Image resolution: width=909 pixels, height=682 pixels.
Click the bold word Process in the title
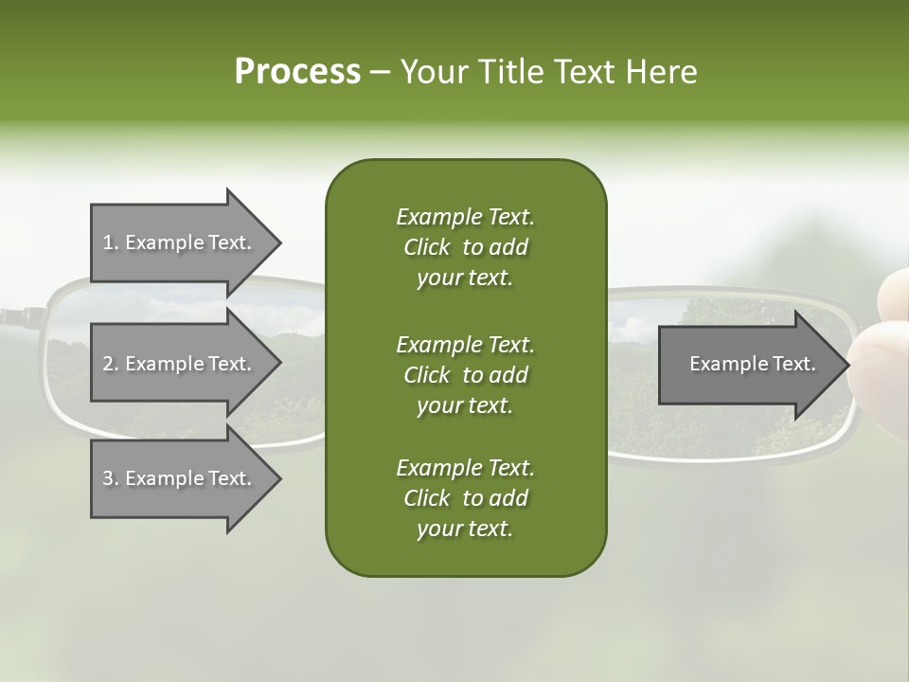pyautogui.click(x=297, y=72)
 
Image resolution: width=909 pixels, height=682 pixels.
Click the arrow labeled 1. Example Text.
pyautogui.click(x=180, y=242)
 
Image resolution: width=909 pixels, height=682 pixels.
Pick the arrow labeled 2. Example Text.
pyautogui.click(x=180, y=364)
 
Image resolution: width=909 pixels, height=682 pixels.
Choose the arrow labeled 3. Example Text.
pyautogui.click(x=180, y=478)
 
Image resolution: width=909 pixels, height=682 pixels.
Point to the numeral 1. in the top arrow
pyautogui.click(x=110, y=242)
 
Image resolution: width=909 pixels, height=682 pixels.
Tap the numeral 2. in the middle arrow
pyautogui.click(x=110, y=364)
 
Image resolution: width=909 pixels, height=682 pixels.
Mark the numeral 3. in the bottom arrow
pyautogui.click(x=110, y=478)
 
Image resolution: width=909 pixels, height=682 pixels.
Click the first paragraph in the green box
pyautogui.click(x=465, y=247)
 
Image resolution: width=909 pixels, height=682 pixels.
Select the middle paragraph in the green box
pyautogui.click(x=465, y=374)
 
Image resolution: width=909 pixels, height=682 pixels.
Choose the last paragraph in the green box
pyautogui.click(x=465, y=498)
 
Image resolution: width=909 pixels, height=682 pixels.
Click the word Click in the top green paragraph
pyautogui.click(x=427, y=247)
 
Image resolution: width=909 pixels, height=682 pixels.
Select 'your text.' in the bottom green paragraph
pyautogui.click(x=465, y=529)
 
